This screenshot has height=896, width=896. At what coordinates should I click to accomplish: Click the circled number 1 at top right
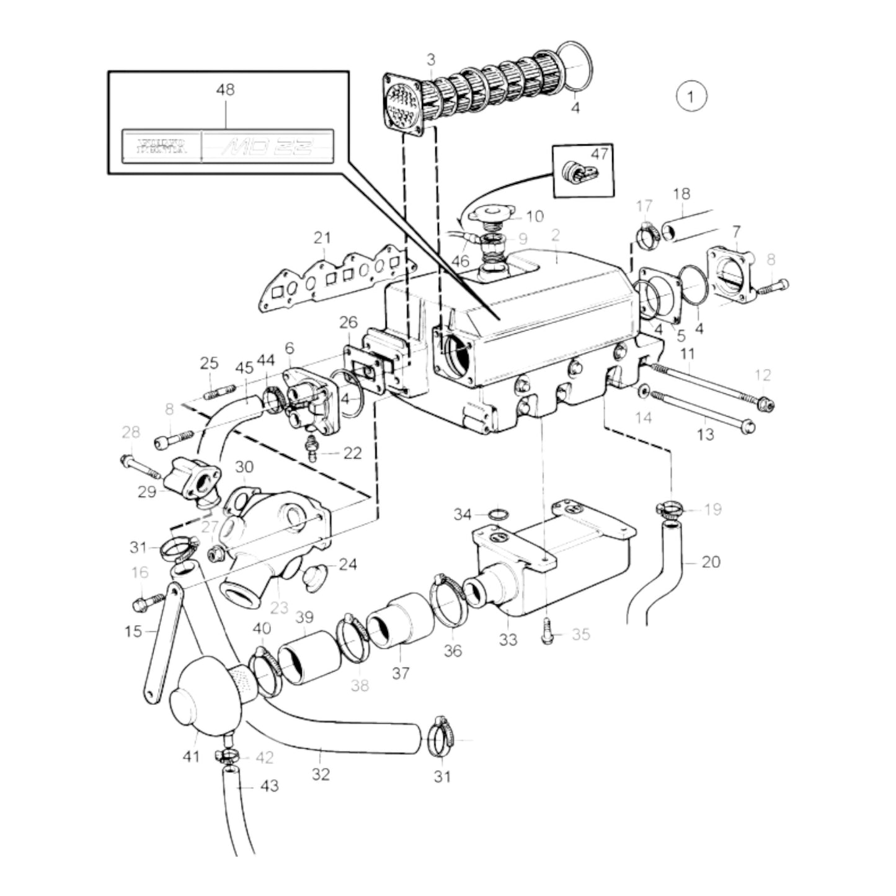pos(691,97)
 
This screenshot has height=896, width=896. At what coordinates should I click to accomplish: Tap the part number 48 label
pos(225,90)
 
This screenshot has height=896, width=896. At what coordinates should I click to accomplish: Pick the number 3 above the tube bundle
pos(430,60)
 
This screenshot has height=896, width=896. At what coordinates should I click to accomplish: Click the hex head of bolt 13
pos(750,426)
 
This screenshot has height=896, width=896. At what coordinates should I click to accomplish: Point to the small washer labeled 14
pos(643,392)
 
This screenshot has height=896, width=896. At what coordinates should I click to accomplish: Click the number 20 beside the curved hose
pos(711,562)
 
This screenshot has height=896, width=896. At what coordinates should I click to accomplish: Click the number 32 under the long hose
pos(321,774)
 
